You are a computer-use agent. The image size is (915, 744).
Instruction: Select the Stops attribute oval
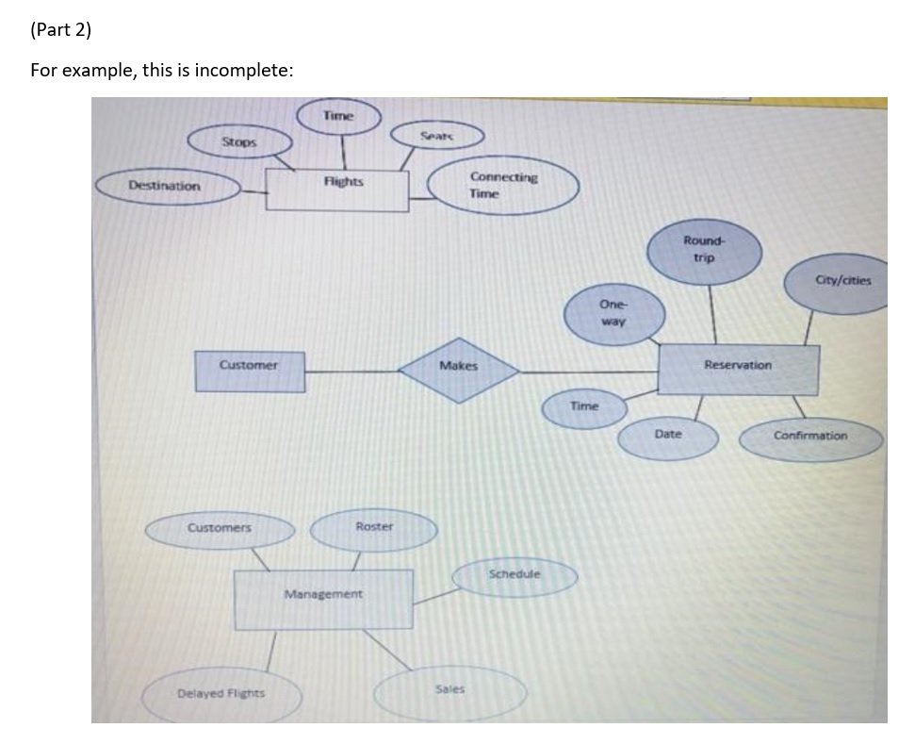point(239,142)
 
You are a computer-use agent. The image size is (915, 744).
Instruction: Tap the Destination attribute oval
point(167,186)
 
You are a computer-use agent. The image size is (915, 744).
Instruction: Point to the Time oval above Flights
point(338,116)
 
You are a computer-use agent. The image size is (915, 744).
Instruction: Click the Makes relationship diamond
point(459,366)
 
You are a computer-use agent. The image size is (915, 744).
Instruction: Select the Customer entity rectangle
point(250,370)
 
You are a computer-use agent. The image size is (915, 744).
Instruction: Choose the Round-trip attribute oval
point(704,250)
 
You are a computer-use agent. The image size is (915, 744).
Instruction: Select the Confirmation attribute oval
point(811,438)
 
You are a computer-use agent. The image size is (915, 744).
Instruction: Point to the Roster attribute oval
point(374,528)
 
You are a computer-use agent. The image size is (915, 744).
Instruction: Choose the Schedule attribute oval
point(515,575)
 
